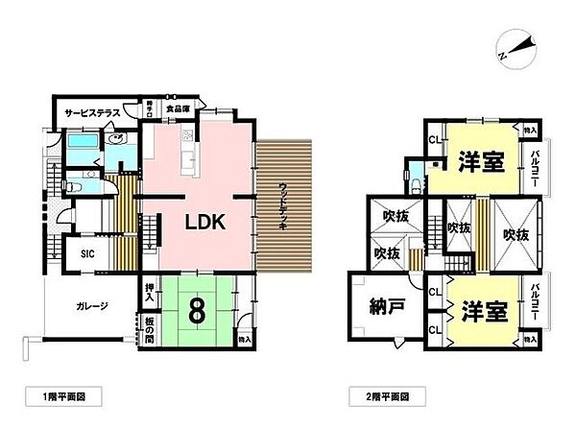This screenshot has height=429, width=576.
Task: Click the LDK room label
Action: click(x=204, y=222)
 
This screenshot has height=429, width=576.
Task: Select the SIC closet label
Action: click(x=87, y=253)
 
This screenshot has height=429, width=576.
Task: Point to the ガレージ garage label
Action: click(x=92, y=306)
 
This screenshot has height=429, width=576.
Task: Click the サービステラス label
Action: click(x=92, y=113)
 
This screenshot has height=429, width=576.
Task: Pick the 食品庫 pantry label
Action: click(x=175, y=109)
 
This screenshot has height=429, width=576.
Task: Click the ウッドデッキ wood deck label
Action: click(x=284, y=203)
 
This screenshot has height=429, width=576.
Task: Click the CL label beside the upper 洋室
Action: click(x=434, y=140)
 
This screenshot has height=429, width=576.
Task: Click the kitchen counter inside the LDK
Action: click(x=188, y=154)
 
